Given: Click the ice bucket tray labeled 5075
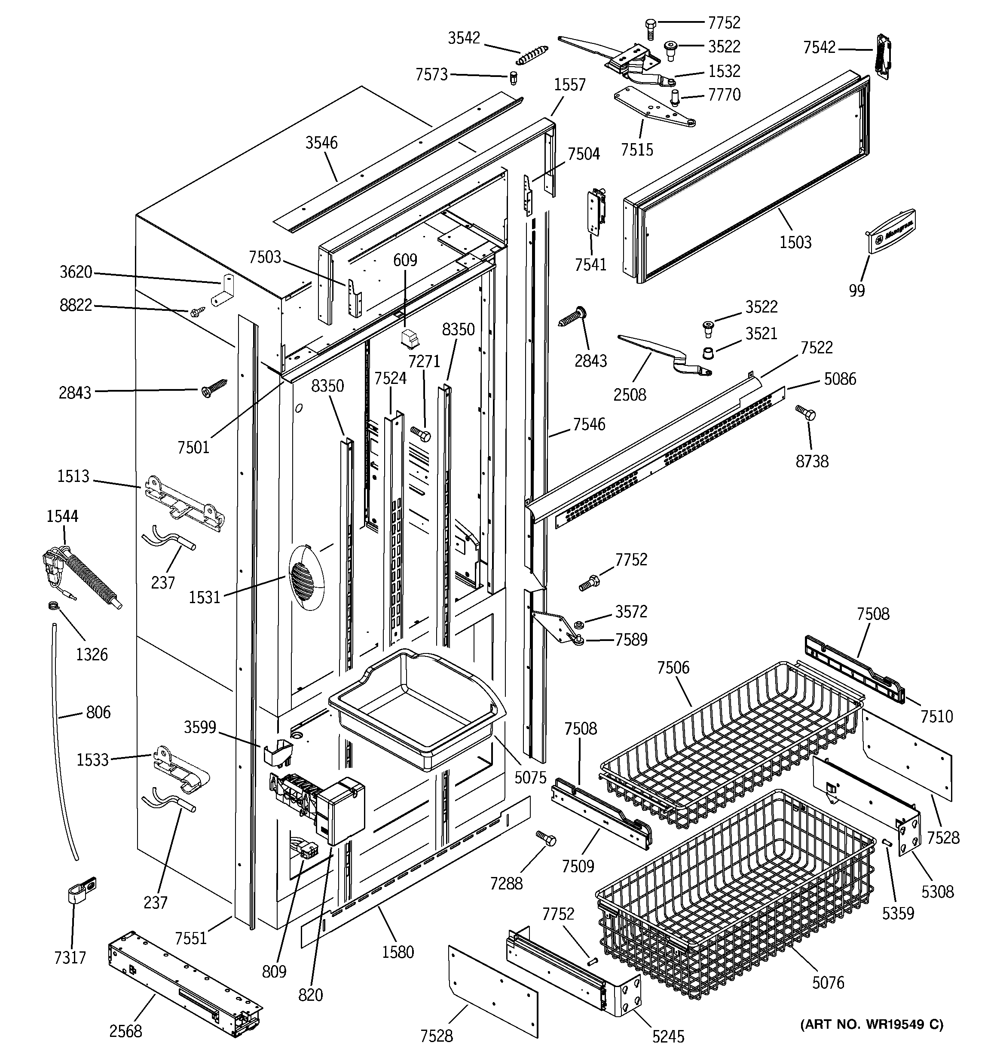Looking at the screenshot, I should [x=417, y=706].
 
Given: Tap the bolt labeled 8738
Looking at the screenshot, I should [x=805, y=412].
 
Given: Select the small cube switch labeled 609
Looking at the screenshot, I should [x=411, y=338].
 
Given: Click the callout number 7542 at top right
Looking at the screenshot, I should [x=819, y=48].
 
